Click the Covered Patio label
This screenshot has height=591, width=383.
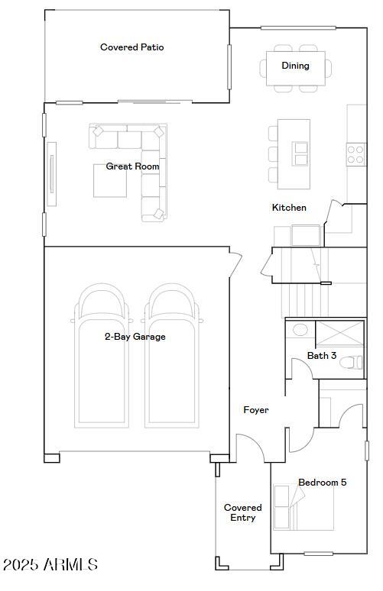(132, 47)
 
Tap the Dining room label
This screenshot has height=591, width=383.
(295, 66)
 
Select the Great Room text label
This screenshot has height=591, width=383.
(132, 166)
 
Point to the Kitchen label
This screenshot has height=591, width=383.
(289, 208)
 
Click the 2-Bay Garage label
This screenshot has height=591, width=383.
(135, 337)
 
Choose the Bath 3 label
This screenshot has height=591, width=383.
(322, 356)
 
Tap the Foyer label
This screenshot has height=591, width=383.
(256, 411)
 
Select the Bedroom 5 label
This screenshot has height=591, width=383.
(322, 483)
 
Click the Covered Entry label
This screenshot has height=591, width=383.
(242, 513)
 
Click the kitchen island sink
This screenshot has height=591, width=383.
(300, 153)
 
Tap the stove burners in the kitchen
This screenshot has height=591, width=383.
(355, 154)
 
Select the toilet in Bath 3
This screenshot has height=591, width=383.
(352, 363)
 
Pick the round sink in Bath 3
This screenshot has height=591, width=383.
(300, 331)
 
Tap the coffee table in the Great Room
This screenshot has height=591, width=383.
(109, 181)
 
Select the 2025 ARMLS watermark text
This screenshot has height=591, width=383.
(50, 565)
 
